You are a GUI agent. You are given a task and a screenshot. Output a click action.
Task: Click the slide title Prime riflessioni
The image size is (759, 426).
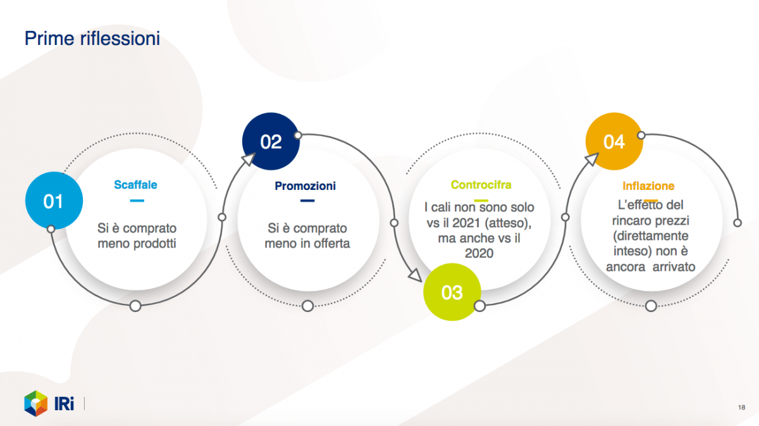[x=92, y=39]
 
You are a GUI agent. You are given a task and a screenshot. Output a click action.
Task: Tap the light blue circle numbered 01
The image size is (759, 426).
[x=54, y=201]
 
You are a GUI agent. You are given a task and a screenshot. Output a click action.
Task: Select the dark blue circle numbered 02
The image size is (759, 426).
[x=271, y=141]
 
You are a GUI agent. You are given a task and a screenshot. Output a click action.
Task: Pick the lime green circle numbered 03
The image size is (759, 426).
[x=452, y=292]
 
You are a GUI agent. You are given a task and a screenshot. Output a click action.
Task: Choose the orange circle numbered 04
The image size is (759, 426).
[x=614, y=141]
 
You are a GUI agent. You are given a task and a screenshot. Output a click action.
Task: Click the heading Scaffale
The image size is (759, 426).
[x=135, y=185]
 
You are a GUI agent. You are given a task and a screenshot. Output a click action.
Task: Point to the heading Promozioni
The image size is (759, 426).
[x=305, y=186]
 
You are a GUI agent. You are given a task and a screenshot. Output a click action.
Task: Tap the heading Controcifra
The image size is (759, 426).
[x=481, y=185]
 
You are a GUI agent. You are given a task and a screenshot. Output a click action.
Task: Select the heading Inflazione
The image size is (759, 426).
[x=648, y=186]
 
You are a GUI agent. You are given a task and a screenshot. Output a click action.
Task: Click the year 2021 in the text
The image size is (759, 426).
[x=466, y=223]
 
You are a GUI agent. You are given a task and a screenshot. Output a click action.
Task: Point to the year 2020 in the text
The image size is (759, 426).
[x=479, y=253]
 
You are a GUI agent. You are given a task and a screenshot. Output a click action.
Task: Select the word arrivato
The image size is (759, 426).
[x=674, y=267]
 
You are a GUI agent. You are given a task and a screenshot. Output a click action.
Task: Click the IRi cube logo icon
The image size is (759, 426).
[x=36, y=403]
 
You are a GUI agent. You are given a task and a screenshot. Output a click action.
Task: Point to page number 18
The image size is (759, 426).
[x=741, y=408]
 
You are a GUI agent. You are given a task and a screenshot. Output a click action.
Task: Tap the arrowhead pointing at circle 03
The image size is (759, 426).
[x=415, y=275]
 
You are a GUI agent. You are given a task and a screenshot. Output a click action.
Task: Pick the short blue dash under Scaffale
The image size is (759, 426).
[x=137, y=201]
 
